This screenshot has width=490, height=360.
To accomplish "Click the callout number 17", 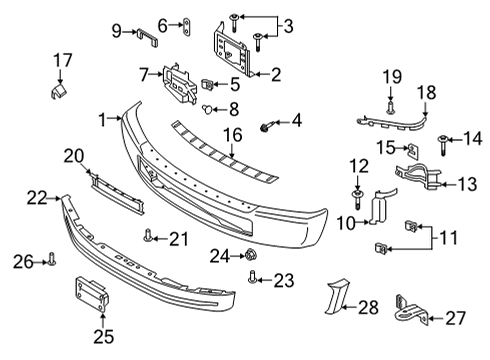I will pyautogui.click(x=63, y=60).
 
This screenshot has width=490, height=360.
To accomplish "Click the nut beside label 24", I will pyautogui.click(x=250, y=257).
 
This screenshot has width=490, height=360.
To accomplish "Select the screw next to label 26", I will pyautogui.click(x=53, y=262).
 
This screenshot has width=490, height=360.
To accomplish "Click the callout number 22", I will pyautogui.click(x=36, y=199).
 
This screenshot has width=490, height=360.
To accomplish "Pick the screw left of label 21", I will pyautogui.click(x=148, y=237).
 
